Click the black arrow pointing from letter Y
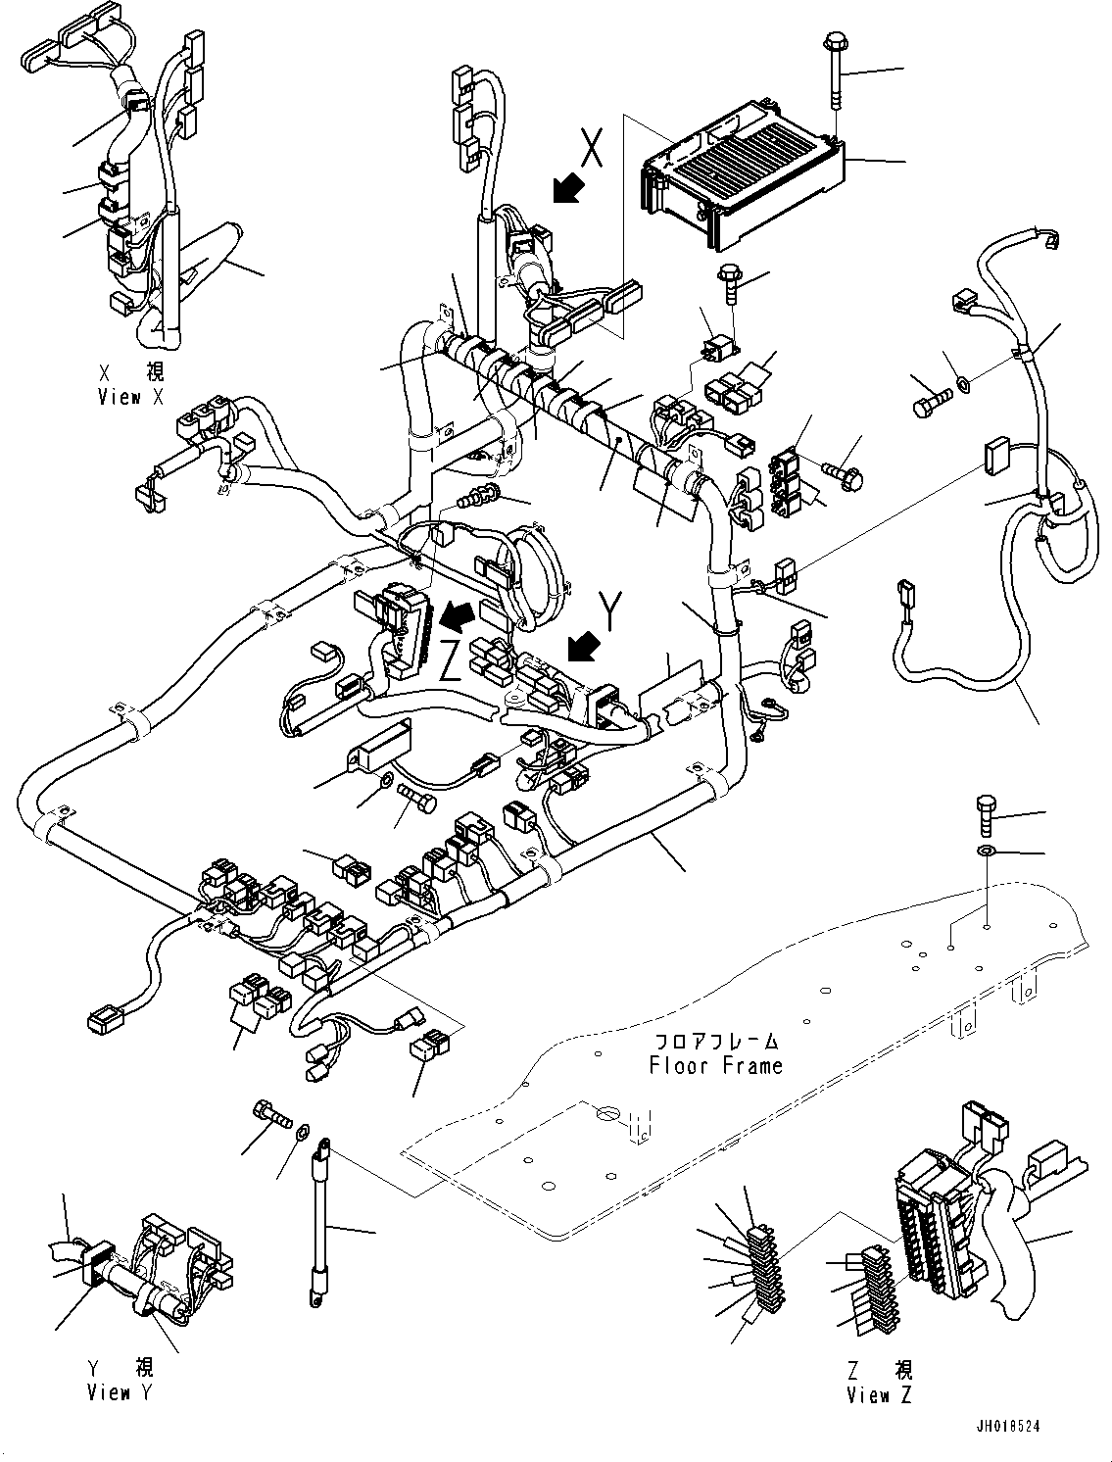585,648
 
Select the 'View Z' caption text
879,1394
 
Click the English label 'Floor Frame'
716,1064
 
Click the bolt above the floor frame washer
987,813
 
